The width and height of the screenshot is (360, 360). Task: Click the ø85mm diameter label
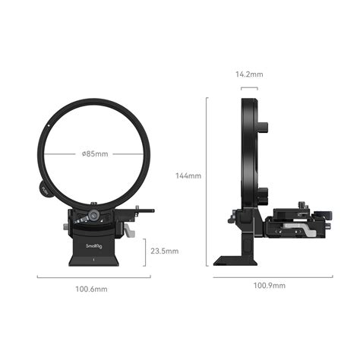click(95, 154)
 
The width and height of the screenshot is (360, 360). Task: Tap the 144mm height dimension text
click(188, 175)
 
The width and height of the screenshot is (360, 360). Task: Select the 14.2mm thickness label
click(249, 75)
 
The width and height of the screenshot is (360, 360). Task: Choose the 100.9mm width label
click(269, 286)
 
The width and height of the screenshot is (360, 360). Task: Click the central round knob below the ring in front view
click(92, 216)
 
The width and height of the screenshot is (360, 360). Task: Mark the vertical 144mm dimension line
click(207, 182)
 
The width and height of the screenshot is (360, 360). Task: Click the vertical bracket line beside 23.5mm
click(145, 251)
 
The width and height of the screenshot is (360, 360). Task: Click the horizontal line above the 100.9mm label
click(273, 276)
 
